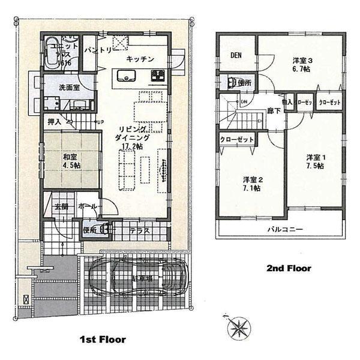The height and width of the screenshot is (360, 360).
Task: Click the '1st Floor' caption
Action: click(x=103, y=339)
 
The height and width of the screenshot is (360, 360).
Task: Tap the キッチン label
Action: click(x=141, y=59)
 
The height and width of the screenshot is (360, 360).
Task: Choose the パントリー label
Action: click(x=97, y=49)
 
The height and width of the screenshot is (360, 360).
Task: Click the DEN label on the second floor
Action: click(x=235, y=56)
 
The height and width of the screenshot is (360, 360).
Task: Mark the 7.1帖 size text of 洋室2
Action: click(x=253, y=188)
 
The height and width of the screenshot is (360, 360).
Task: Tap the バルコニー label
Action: click(x=281, y=230)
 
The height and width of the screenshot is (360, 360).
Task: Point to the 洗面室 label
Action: click(x=70, y=87)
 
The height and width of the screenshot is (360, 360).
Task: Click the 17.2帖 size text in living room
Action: click(x=133, y=146)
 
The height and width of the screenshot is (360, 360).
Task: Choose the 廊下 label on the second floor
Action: click(x=274, y=110)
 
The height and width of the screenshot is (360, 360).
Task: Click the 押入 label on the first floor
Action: click(x=55, y=122)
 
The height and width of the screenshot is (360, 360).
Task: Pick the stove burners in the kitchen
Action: click(x=159, y=75)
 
